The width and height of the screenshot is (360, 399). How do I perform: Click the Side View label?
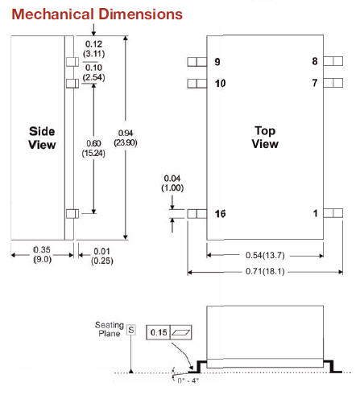click(x=42, y=137)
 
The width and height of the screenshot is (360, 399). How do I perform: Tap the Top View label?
click(x=265, y=137)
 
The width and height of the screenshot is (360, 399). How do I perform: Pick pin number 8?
click(x=315, y=62)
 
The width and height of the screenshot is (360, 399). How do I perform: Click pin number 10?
click(x=220, y=83)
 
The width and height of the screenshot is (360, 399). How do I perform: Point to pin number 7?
click(x=315, y=83)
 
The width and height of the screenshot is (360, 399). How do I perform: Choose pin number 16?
click(x=220, y=213)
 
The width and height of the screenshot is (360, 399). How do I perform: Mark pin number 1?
click(x=316, y=213)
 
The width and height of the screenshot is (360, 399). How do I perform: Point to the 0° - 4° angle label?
click(x=188, y=381)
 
